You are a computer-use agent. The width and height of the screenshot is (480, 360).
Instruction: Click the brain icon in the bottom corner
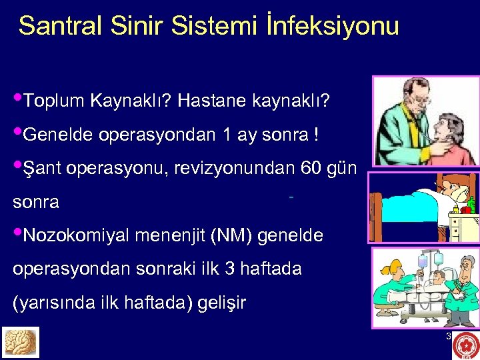point(21,342)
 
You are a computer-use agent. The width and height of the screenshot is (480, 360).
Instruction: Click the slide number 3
point(449,336)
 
